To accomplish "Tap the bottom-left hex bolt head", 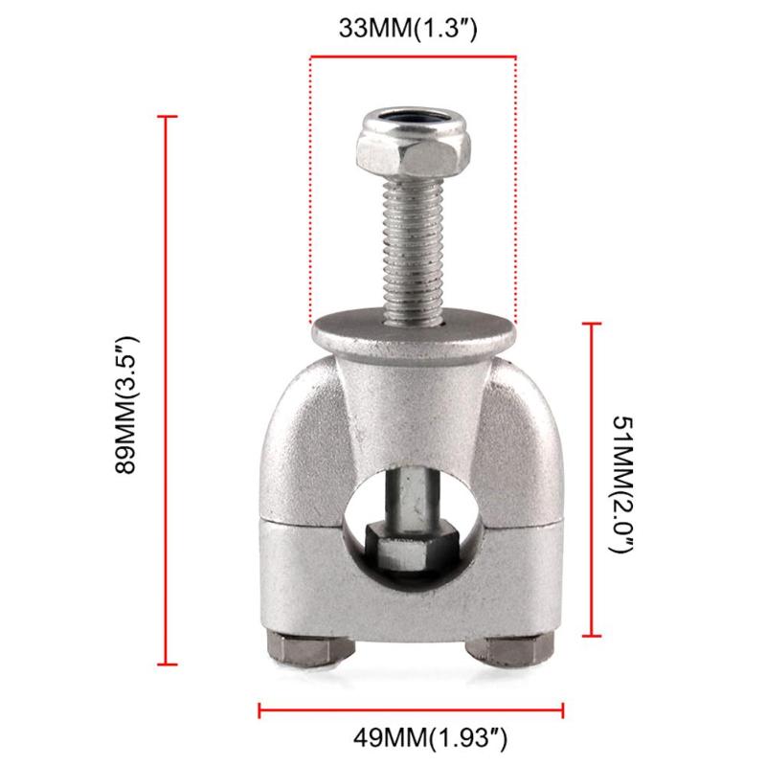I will pos(304,651).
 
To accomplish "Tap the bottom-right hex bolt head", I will pos(517,651).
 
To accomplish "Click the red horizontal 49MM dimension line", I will pos(412,710).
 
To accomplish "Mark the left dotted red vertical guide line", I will pos(309,191).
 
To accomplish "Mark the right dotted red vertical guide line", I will pos(516,191).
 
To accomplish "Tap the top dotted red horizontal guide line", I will pos(413,56).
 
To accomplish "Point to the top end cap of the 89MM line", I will pos(168,117).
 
